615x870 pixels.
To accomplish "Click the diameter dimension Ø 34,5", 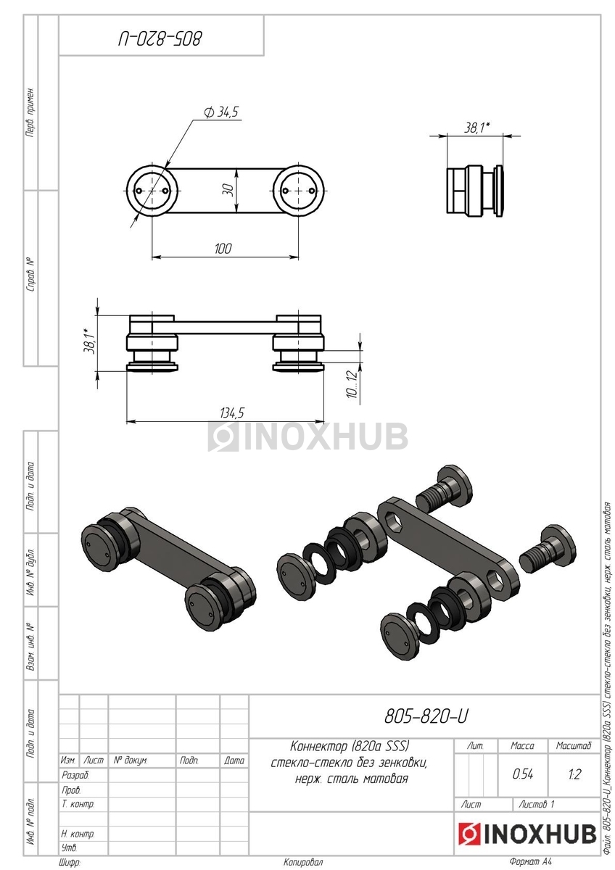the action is point(220,112).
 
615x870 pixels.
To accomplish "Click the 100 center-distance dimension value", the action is point(223,248).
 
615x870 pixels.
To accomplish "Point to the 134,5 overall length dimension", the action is point(232,413).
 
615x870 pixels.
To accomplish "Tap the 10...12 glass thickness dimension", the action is point(352,384).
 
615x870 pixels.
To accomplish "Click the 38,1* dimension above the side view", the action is point(476,127).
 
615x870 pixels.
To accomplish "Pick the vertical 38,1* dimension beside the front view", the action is point(89,341).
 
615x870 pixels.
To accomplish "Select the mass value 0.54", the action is point(523,774).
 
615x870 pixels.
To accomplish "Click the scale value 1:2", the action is point(574,774).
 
